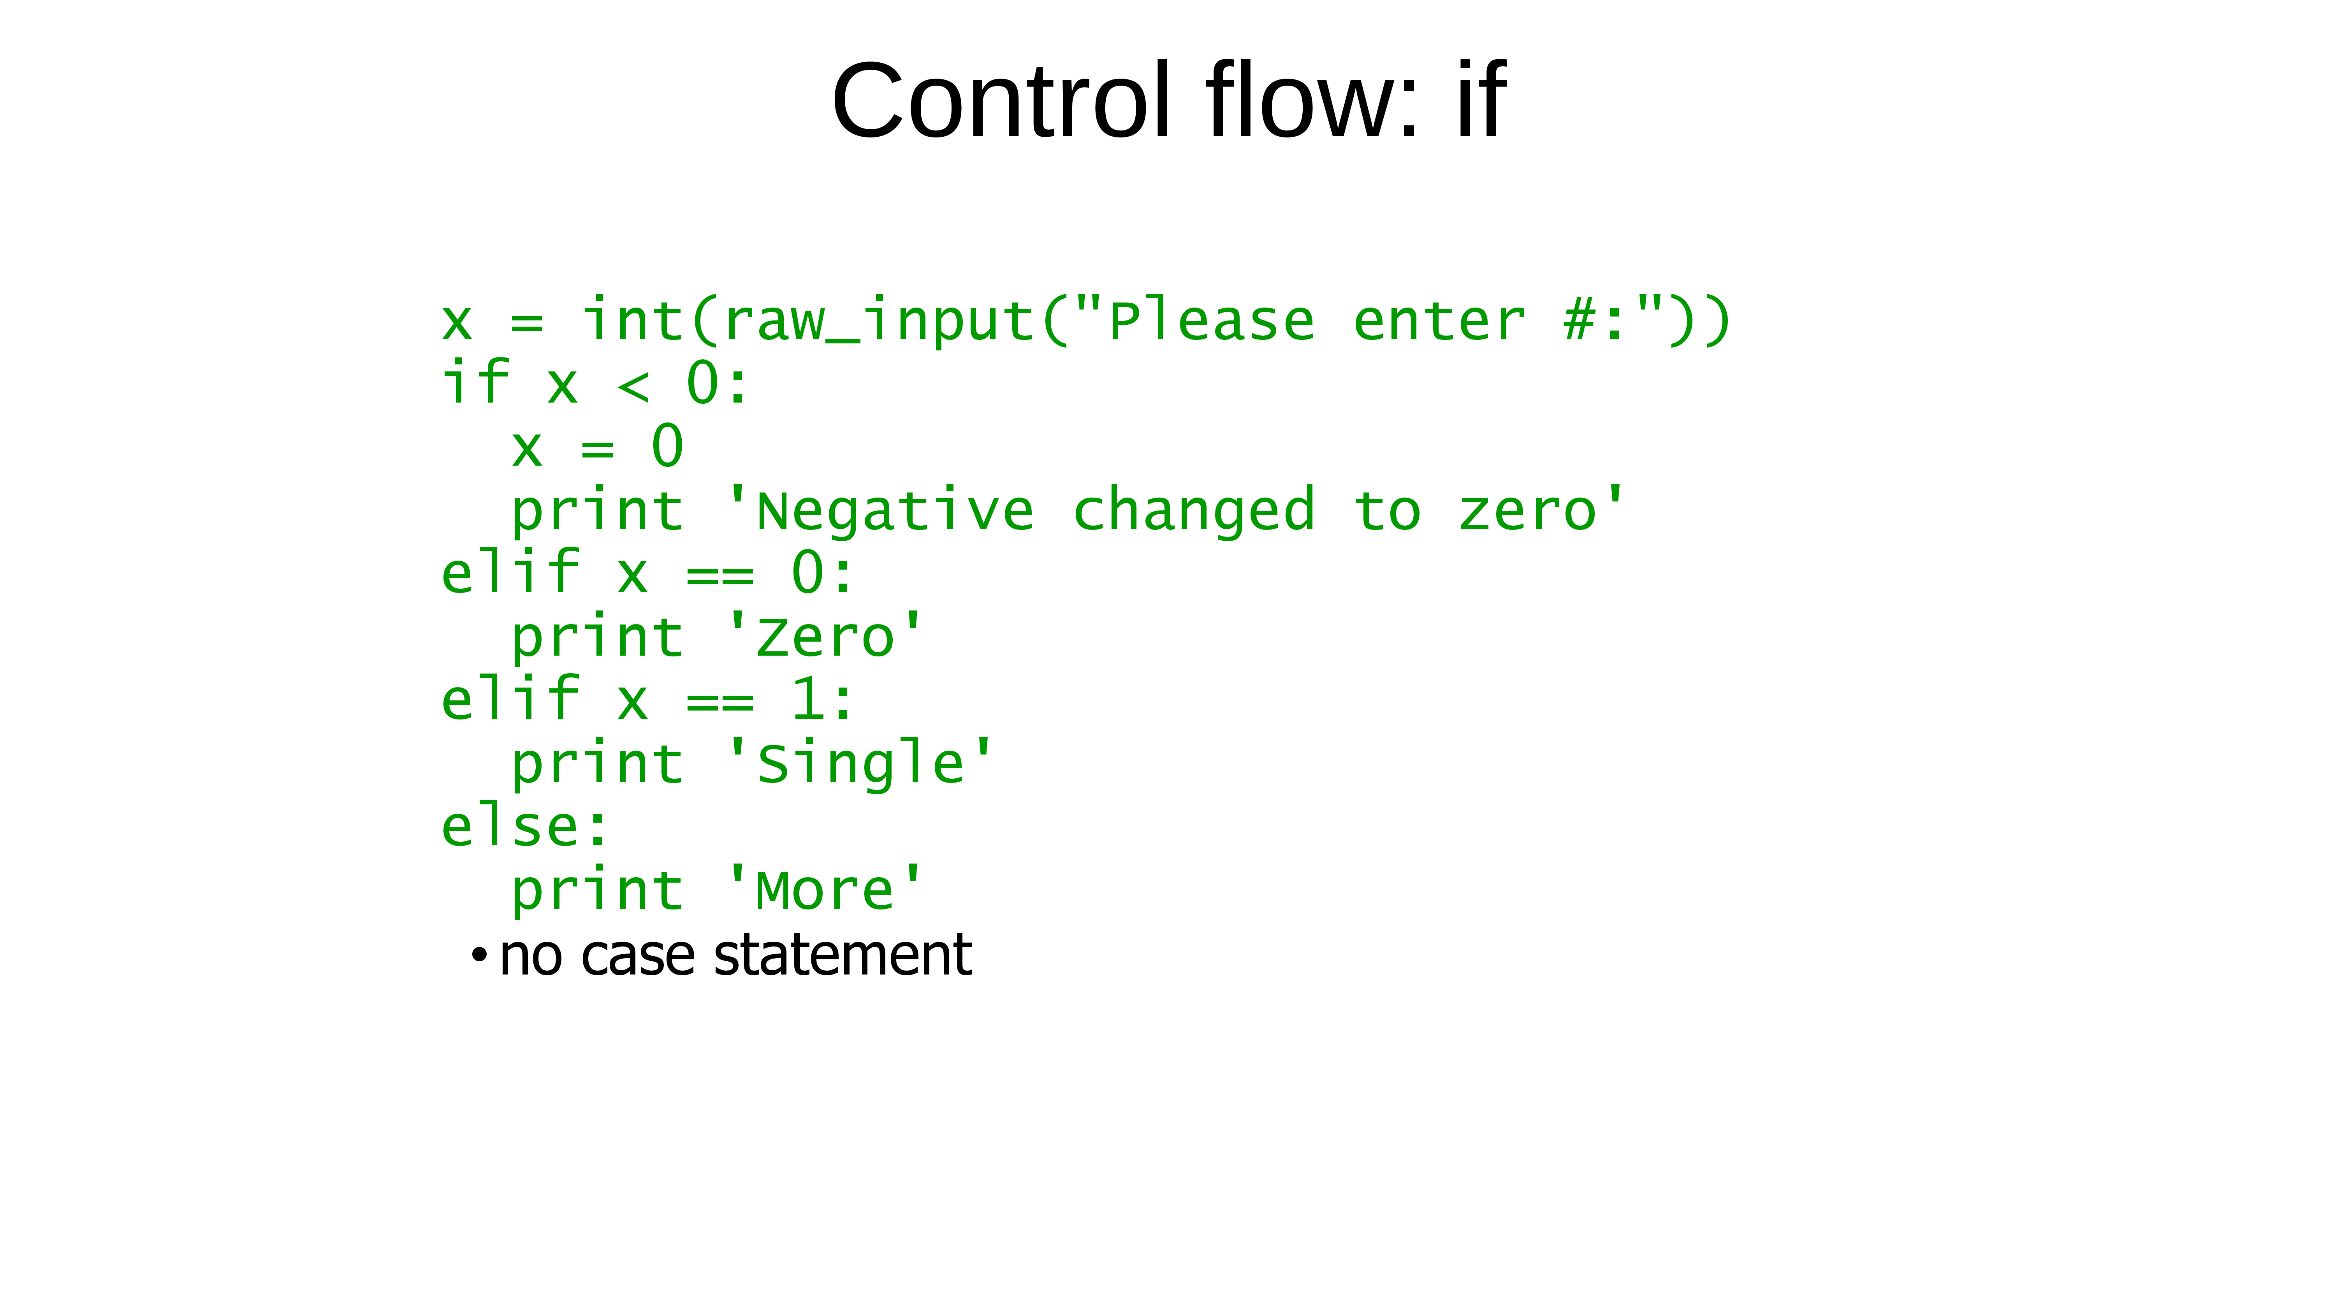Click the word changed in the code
(1193, 512)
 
